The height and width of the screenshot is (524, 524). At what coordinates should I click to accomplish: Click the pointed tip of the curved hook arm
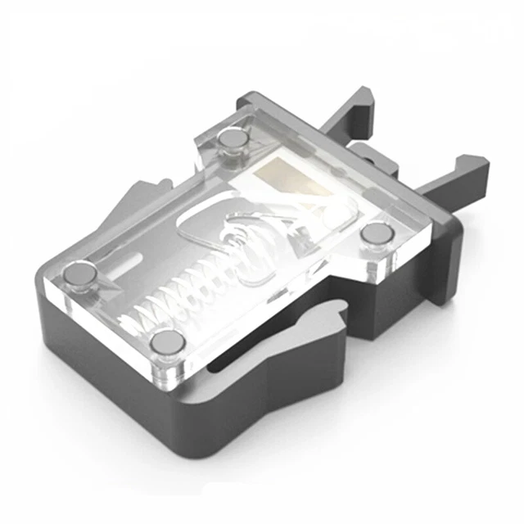pyautogui.click(x=339, y=306)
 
